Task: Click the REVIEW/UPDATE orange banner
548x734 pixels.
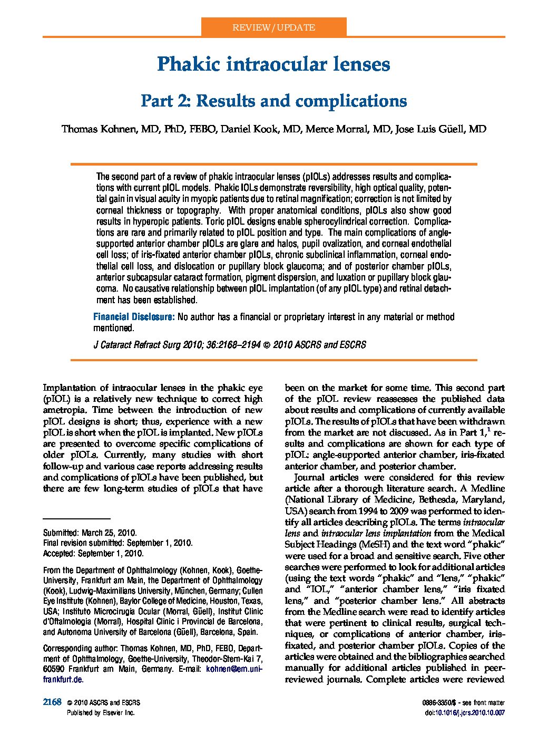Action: pos(273,27)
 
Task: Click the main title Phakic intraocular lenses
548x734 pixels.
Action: pos(273,64)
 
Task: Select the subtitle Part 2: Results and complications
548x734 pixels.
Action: pos(273,101)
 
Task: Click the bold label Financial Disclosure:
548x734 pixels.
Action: pos(134,317)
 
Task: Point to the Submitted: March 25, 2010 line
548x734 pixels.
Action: pos(90,533)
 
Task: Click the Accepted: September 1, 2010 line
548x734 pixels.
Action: pos(93,554)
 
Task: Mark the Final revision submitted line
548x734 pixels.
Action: pos(118,543)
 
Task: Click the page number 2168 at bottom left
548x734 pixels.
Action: pos(52,702)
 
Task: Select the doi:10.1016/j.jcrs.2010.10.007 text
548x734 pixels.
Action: pos(464,713)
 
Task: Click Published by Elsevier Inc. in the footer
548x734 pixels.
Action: pos(101,713)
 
